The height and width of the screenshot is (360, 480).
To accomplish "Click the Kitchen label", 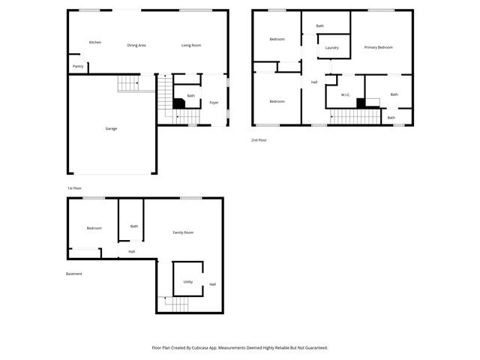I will [x=95, y=42].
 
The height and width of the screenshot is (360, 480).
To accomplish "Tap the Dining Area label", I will [x=136, y=45].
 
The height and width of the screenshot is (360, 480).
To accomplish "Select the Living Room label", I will [x=191, y=45].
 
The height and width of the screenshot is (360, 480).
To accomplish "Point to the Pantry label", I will [x=78, y=66].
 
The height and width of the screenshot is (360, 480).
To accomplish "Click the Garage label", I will [x=111, y=128].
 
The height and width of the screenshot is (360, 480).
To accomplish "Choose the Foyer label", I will [x=214, y=102].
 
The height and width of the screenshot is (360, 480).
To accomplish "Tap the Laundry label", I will [x=332, y=48].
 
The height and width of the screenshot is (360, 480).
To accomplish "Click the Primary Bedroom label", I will [x=379, y=47].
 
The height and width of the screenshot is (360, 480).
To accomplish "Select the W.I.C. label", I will [x=345, y=94].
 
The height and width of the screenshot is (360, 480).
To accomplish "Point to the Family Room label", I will [x=183, y=232].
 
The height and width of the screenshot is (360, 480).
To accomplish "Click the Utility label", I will [x=188, y=282].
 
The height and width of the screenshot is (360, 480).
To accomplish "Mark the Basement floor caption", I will [x=74, y=274].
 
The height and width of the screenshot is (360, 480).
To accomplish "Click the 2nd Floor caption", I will [x=259, y=139].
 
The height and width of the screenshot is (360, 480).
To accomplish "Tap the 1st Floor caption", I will [x=75, y=187].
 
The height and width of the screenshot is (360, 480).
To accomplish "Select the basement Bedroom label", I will [x=94, y=228].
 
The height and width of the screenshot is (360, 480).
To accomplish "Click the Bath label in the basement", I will [x=134, y=226].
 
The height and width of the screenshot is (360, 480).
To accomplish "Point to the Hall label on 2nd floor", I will [x=313, y=82].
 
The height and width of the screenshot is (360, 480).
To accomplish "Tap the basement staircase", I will [x=175, y=304].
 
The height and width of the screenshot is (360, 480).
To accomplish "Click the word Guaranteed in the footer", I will [x=313, y=348].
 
